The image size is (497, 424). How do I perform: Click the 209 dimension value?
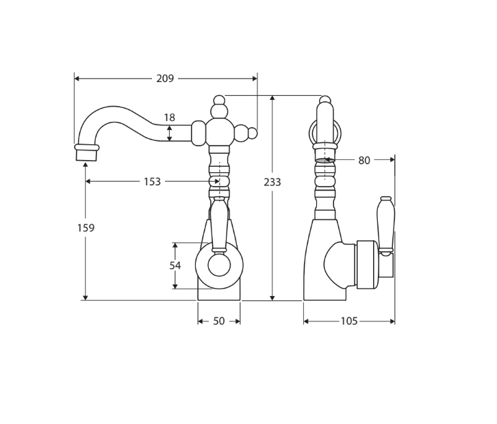(x=165, y=79)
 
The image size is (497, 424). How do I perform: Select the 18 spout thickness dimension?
(x=169, y=118)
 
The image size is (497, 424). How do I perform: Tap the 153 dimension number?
(x=152, y=182)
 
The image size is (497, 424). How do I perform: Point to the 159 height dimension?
(x=86, y=228)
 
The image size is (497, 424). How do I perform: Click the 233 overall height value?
(x=272, y=182)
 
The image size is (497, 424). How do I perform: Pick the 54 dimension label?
(x=175, y=265)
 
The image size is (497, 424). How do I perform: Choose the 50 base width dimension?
(x=218, y=321)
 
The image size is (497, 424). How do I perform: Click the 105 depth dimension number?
(x=349, y=321)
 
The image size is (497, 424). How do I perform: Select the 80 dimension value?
(x=364, y=161)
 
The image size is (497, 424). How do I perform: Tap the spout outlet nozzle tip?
(x=86, y=154)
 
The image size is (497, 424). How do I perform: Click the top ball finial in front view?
(x=219, y=101)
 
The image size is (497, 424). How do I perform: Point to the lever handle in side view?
(x=385, y=226)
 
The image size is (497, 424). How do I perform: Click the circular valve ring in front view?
(x=219, y=265)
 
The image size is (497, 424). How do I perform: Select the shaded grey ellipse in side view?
(x=324, y=161)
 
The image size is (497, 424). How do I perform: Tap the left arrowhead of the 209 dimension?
(x=77, y=79)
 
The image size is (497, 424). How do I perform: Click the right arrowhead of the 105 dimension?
(x=392, y=321)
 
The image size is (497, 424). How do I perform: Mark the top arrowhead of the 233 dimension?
(x=272, y=98)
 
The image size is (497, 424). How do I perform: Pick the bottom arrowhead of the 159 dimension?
(x=86, y=297)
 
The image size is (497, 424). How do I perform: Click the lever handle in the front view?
(x=218, y=222)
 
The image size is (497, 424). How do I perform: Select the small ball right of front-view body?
(x=253, y=133)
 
